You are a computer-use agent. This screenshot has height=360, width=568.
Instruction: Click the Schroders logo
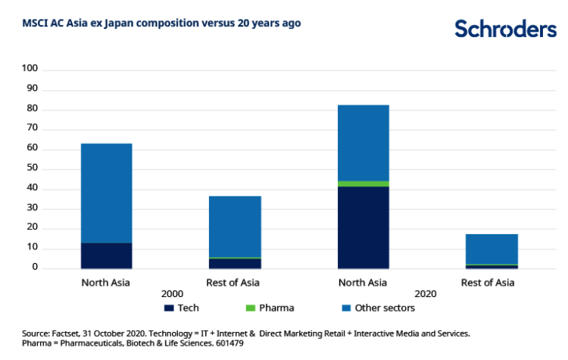tap(505, 29)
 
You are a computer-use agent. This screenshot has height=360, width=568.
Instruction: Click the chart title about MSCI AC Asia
tap(162, 23)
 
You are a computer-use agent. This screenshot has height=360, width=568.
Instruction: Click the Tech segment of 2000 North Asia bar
tap(107, 255)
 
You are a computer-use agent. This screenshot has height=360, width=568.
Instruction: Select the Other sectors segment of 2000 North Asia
tap(107, 193)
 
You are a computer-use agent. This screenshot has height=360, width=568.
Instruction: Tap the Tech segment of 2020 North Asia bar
tap(364, 227)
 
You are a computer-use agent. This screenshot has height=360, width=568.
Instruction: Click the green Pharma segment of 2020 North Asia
tap(364, 183)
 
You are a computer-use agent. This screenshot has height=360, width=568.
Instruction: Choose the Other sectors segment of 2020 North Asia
tap(364, 142)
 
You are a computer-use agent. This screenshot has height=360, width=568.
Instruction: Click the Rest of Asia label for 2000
tap(235, 283)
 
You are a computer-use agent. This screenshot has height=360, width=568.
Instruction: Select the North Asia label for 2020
tap(364, 283)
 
